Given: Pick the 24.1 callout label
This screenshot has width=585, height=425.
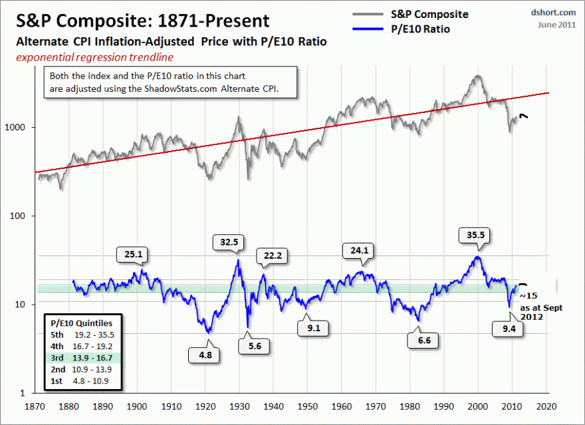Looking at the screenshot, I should tap(358, 251).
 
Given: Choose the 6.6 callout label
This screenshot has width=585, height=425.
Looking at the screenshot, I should tap(423, 341).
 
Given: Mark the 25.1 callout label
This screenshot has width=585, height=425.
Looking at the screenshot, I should tap(133, 253).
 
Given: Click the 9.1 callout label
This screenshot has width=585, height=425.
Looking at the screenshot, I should tap(312, 328).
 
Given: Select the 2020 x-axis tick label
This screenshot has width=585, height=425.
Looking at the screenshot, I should tap(546, 405).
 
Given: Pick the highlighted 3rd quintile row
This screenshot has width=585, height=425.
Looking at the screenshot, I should tap(80, 358).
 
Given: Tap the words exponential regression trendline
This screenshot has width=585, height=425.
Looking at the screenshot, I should tap(94, 57).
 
